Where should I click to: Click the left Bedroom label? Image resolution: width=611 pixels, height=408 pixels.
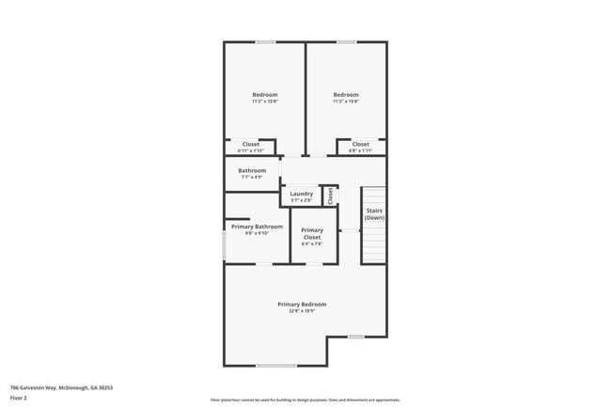tap(264, 95)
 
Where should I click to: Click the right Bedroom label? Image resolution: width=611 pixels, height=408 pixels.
tap(346, 95)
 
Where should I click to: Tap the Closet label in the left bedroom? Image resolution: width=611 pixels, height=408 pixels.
tap(251, 144)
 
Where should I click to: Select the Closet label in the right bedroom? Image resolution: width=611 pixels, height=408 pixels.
tap(361, 144)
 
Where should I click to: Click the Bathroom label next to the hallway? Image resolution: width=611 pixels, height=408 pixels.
tap(252, 170)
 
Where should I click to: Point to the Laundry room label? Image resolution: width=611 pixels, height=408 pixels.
tap(301, 194)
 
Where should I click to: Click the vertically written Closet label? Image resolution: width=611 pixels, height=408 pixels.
tap(330, 195)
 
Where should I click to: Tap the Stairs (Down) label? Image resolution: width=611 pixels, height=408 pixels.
tap(374, 214)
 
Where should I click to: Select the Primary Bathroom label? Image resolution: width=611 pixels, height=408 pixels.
tap(257, 227)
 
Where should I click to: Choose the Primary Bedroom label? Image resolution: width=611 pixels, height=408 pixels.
tap(302, 304)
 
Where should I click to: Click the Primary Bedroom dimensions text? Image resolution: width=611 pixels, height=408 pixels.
tap(302, 310)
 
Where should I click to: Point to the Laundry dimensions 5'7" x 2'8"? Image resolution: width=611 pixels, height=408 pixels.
tap(301, 200)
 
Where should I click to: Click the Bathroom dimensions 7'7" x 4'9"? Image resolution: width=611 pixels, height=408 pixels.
tap(252, 177)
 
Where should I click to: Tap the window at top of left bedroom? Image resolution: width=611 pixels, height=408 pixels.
tap(265, 41)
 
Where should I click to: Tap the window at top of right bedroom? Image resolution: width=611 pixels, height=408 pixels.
tap(347, 41)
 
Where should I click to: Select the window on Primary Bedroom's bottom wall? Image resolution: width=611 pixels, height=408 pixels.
tap(276, 366)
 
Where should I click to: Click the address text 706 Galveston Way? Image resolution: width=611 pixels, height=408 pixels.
tap(56, 385)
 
